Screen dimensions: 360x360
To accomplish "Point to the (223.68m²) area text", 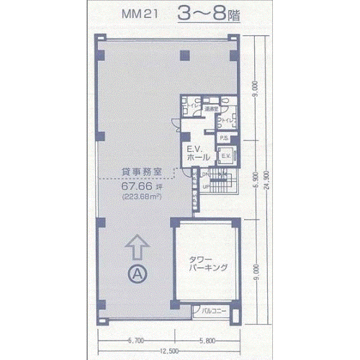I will [x=140, y=195].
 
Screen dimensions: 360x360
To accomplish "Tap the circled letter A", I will [x=138, y=273].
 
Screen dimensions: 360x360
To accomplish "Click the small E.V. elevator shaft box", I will [x=224, y=156].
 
